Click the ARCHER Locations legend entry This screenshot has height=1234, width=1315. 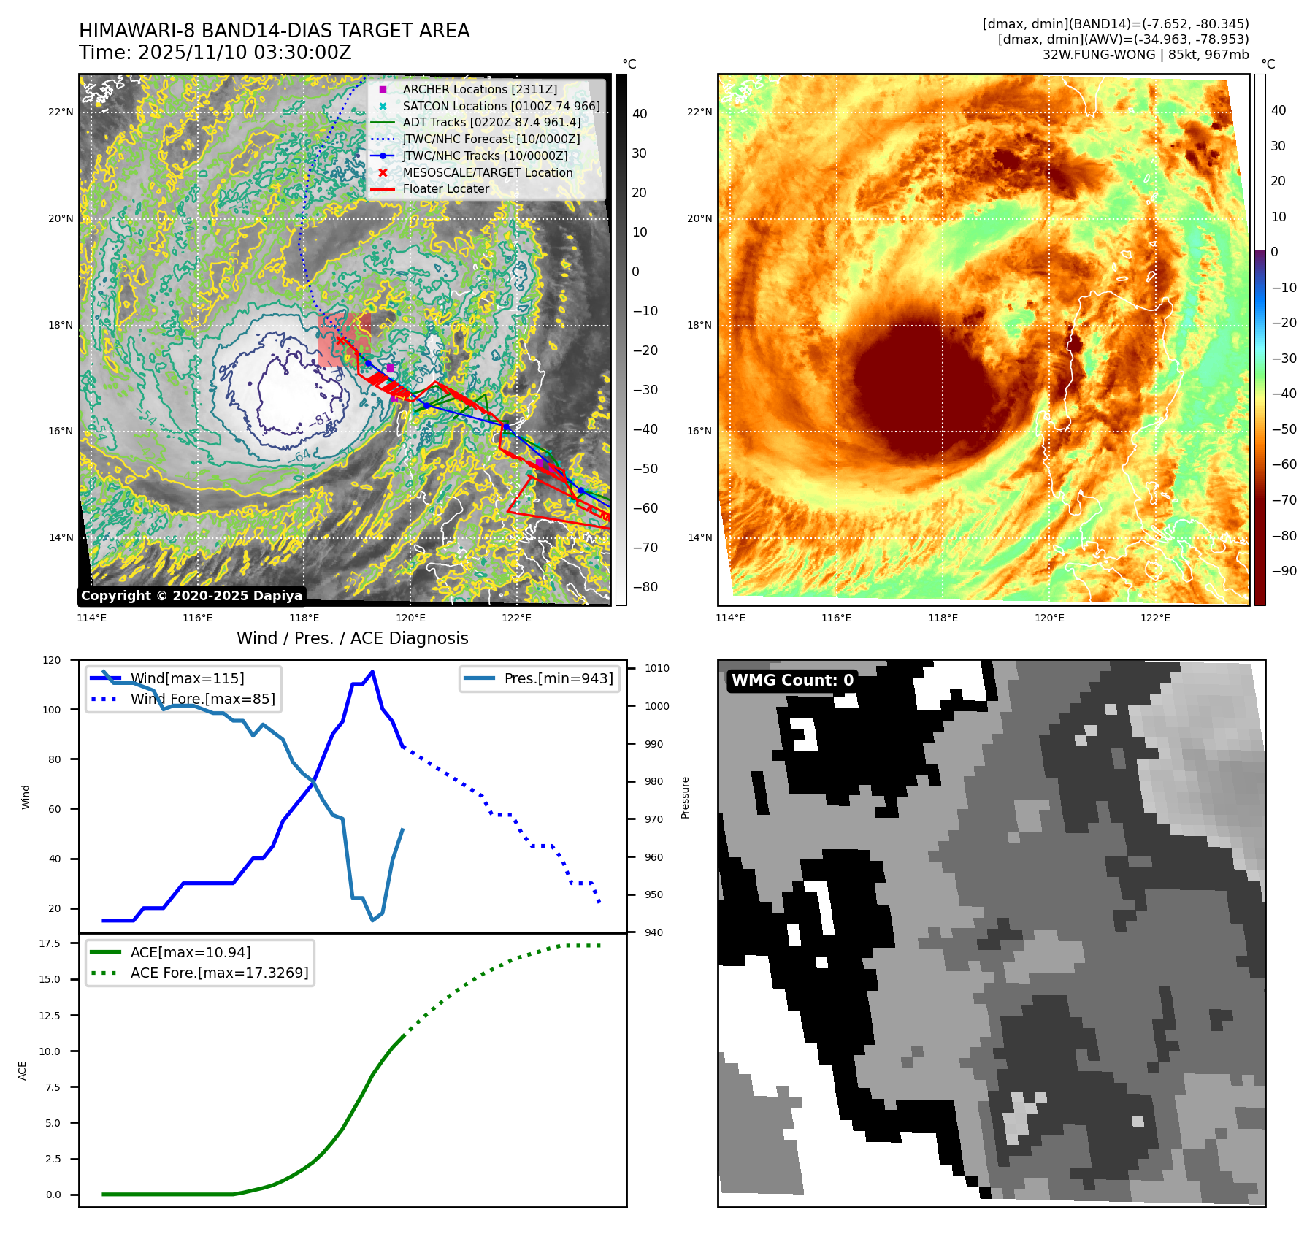[x=479, y=89]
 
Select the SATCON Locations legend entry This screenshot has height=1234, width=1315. [x=501, y=106]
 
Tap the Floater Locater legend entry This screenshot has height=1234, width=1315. [x=445, y=188]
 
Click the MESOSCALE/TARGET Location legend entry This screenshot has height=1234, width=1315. [x=487, y=172]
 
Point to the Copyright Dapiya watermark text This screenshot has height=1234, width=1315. [x=191, y=596]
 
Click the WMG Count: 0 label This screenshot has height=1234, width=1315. [x=792, y=681]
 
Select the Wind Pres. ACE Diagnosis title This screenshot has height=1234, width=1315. [x=352, y=638]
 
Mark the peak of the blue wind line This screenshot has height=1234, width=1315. [x=372, y=672]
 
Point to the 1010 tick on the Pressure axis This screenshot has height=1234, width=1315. [x=656, y=668]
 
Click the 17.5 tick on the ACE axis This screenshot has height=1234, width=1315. [x=50, y=943]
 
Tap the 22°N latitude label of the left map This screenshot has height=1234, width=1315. [x=61, y=112]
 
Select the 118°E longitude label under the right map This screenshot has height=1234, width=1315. [x=943, y=618]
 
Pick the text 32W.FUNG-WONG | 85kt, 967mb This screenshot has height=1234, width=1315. [x=1145, y=55]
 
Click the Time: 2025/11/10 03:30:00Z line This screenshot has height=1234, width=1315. [x=215, y=53]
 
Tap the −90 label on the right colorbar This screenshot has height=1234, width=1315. [x=1284, y=571]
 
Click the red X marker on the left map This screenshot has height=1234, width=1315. [x=340, y=340]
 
